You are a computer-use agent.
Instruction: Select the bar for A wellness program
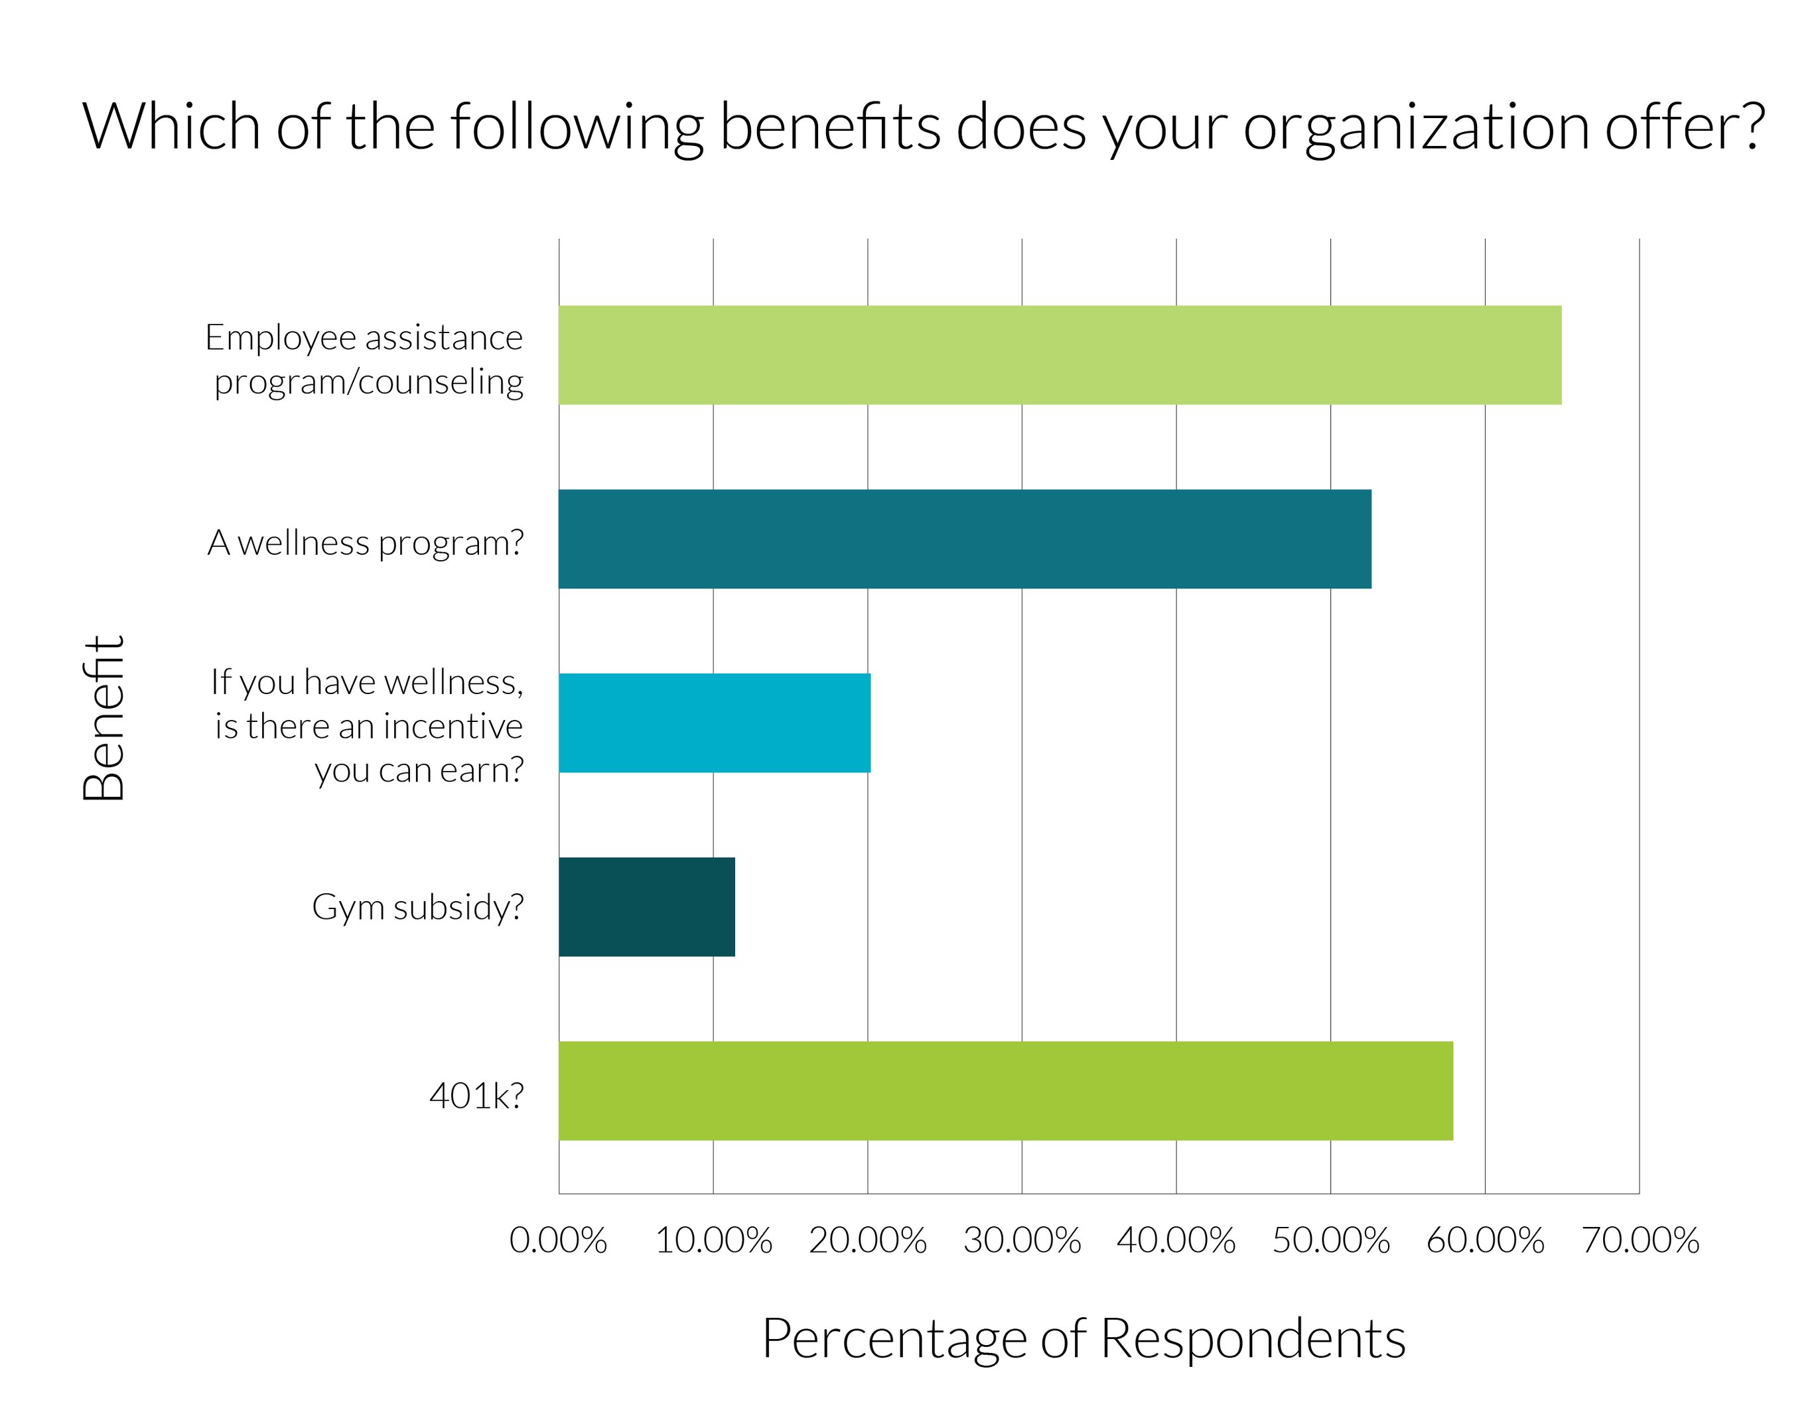(x=964, y=539)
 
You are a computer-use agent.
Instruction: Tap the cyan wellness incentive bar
(x=714, y=723)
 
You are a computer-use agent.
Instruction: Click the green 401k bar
(x=1005, y=1091)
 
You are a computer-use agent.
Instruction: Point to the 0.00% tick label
(x=558, y=1240)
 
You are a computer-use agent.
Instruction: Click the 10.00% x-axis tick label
(x=713, y=1240)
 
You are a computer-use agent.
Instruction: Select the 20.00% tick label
(x=867, y=1240)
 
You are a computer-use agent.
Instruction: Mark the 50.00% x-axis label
(x=1330, y=1240)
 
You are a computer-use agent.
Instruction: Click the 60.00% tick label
(x=1485, y=1240)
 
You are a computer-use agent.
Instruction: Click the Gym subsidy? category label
(x=418, y=908)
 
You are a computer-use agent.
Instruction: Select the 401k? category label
(x=476, y=1096)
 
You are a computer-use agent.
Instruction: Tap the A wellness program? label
(x=366, y=543)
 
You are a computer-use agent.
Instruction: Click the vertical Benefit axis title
(x=104, y=718)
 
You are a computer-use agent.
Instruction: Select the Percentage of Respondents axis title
(x=1084, y=1339)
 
